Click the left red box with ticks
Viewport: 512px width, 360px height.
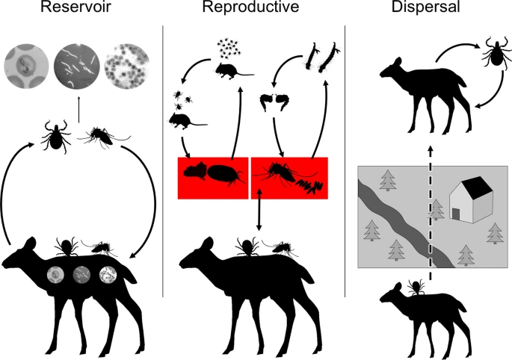(x=212, y=178)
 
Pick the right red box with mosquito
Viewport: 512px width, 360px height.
(x=290, y=178)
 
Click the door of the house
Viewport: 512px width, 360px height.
(x=456, y=214)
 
